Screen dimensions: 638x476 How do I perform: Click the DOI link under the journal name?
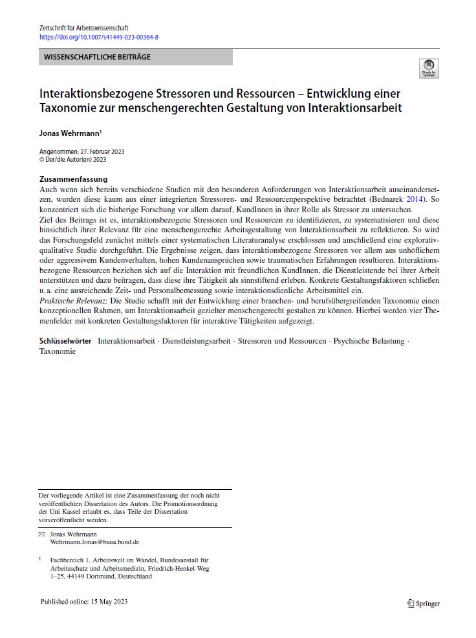tap(99, 37)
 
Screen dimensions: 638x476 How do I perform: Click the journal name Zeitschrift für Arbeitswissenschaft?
tap(83, 28)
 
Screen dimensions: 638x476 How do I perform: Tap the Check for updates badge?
tap(428, 69)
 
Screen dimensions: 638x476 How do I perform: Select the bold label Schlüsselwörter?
tap(65, 341)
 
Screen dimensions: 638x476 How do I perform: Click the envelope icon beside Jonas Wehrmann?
tap(42, 534)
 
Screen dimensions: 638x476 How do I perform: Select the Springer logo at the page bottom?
tap(424, 603)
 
